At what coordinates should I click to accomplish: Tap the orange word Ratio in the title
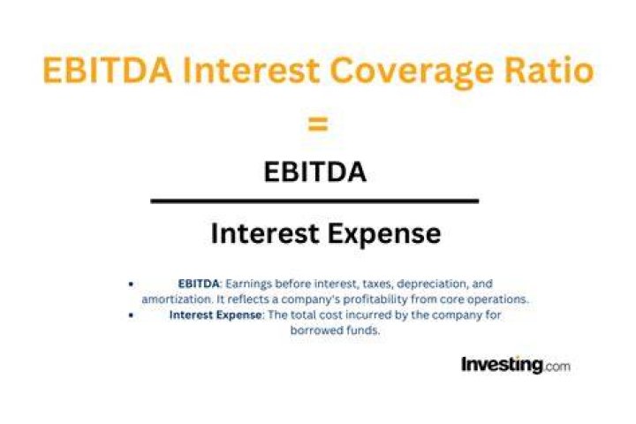coord(549,70)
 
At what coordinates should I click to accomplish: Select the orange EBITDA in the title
coord(107,70)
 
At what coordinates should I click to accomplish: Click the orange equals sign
coord(318,125)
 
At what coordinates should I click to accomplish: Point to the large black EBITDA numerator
coord(315,171)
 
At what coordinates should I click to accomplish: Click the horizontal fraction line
coord(314,201)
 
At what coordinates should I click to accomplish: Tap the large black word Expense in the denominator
coord(383,234)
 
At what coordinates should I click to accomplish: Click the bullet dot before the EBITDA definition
coord(131,284)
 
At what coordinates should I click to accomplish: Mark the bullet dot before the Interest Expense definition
coord(131,314)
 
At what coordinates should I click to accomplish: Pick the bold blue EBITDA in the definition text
coord(199,284)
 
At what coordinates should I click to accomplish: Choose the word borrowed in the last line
coord(316,330)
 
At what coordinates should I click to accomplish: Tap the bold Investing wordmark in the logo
coord(502,365)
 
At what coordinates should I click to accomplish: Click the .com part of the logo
coord(556,367)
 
